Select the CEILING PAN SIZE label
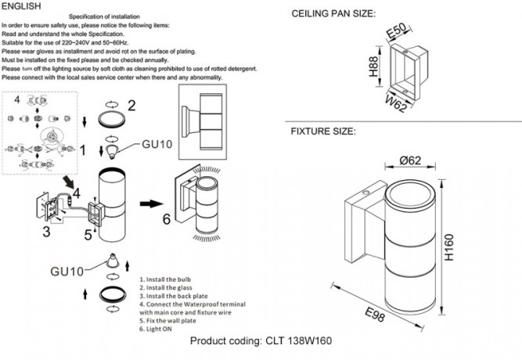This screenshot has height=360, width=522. pos(333,15)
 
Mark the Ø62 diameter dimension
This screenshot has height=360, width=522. pos(412,160)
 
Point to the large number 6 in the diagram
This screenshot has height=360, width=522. pos(165,219)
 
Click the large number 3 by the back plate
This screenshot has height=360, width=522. pos(46,232)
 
